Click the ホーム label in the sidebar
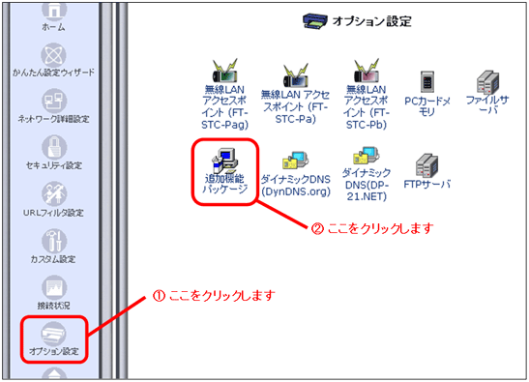[x=53, y=27]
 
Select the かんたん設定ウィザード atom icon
[x=53, y=55]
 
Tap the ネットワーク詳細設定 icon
[x=53, y=101]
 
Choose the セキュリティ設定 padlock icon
[x=54, y=147]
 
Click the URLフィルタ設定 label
[x=53, y=213]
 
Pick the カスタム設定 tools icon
[x=54, y=241]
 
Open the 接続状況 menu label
[x=53, y=306]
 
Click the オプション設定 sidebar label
[x=54, y=351]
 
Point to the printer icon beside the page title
[x=314, y=21]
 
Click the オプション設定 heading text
[x=371, y=21]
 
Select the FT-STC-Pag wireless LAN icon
[x=224, y=71]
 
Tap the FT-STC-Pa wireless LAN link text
[x=295, y=106]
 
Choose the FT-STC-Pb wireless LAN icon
[x=367, y=71]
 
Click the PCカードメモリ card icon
[x=427, y=81]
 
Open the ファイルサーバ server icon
[x=487, y=81]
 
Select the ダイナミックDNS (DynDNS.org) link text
[x=296, y=186]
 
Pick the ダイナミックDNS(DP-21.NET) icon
[x=367, y=156]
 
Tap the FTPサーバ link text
[x=427, y=185]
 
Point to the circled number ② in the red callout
[x=317, y=229]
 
